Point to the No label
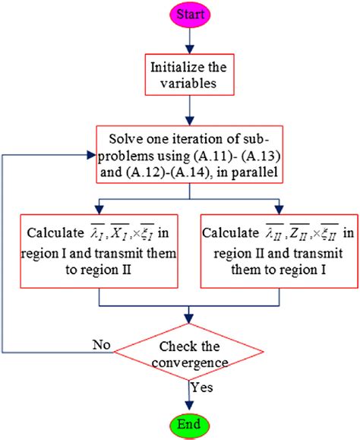click(x=101, y=343)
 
